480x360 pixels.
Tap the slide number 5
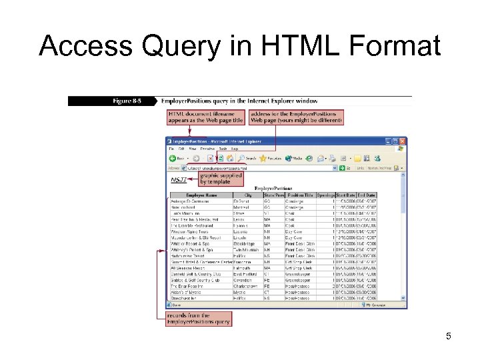tap(449, 336)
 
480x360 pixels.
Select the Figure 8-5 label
tap(127, 101)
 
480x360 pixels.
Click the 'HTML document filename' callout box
tap(206, 117)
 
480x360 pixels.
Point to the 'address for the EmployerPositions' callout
tap(295, 117)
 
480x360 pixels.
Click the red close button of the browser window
tap(403, 142)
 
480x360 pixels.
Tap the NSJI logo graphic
tap(178, 180)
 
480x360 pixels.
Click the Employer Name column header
tap(201, 195)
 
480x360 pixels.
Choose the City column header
tap(248, 195)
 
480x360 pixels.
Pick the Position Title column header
tap(299, 195)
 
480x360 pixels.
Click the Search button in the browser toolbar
tap(246, 159)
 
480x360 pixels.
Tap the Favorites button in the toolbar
tap(271, 159)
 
